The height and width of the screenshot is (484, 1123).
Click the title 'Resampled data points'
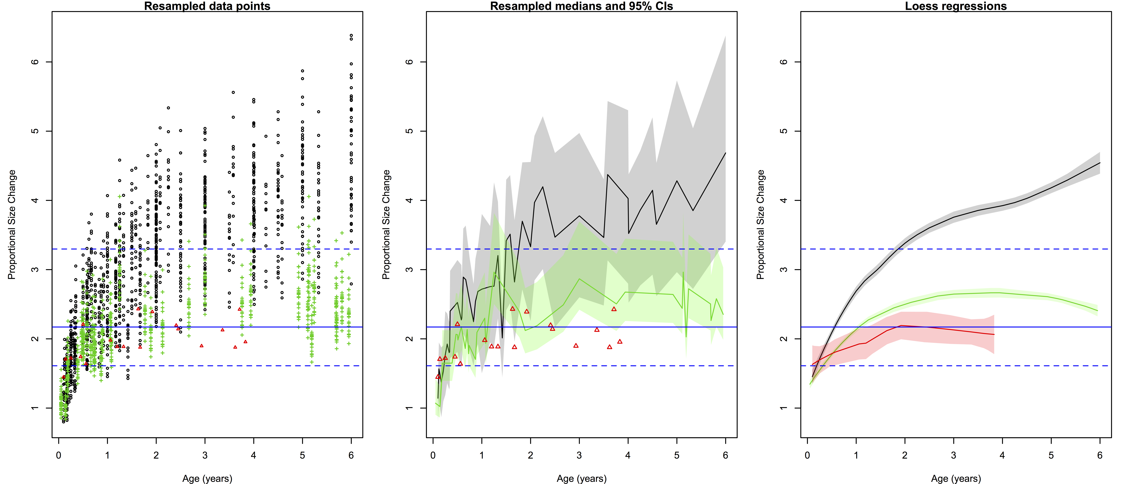(207, 6)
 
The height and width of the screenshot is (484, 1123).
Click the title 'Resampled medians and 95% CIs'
(582, 6)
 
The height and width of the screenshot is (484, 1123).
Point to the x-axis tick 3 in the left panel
(205, 456)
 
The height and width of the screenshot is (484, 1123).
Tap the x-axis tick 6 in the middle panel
(725, 456)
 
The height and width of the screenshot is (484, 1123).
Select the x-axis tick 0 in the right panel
(807, 456)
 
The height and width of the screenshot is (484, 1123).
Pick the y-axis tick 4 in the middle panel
(409, 201)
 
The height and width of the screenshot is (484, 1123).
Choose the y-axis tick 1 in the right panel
(784, 408)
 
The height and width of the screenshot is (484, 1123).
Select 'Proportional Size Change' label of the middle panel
(386, 225)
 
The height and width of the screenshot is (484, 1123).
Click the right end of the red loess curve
(994, 335)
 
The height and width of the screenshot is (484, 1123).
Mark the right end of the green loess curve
(1097, 310)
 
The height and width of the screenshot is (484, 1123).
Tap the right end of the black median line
(725, 153)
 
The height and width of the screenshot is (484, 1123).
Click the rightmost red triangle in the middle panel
(620, 341)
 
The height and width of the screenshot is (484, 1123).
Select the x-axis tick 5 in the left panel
(303, 456)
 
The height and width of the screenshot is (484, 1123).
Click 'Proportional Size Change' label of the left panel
(12, 225)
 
